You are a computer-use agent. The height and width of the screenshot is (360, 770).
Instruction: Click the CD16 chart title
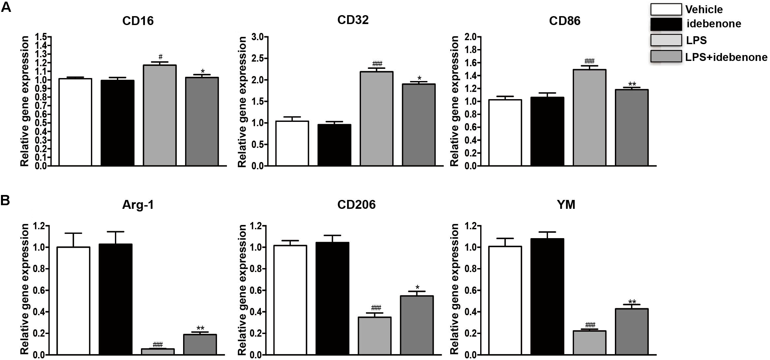138,21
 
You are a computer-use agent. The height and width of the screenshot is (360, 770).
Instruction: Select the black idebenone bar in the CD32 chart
334,145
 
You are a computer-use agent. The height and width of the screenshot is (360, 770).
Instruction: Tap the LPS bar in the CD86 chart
589,118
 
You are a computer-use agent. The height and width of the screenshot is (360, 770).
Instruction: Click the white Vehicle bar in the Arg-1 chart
73,300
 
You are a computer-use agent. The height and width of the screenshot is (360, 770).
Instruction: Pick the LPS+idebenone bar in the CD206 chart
417,325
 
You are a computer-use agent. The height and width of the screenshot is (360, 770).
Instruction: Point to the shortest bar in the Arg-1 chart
158,351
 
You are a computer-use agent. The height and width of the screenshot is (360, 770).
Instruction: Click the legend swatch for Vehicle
666,10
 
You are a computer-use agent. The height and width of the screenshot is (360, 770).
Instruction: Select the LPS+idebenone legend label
726,57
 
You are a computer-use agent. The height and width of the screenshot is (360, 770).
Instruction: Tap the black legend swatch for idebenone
666,24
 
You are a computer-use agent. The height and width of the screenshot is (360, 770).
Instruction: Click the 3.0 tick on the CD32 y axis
258,37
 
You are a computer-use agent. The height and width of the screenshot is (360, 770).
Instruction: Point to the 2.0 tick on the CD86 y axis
471,37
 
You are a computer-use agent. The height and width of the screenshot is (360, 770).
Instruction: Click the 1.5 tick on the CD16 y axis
41,37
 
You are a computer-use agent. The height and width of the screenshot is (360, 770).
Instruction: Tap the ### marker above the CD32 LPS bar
377,64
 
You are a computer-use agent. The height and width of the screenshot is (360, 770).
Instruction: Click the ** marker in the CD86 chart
632,84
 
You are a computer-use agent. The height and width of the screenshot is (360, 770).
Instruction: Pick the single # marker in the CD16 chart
160,57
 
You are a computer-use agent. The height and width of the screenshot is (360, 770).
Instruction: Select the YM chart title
566,205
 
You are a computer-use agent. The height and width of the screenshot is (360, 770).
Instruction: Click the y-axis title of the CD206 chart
242,290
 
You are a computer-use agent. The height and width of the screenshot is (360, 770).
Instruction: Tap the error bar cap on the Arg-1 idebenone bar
116,232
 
